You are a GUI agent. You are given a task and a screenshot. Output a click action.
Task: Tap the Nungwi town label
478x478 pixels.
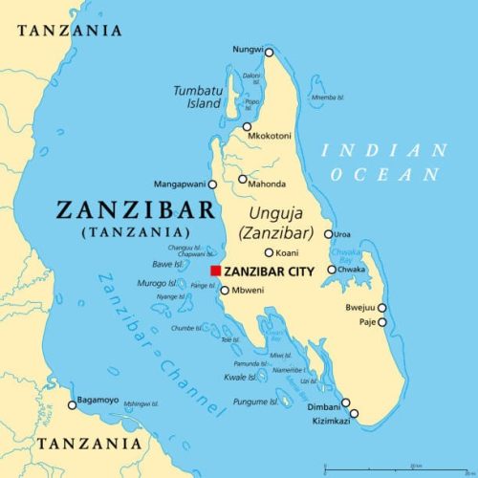(247, 49)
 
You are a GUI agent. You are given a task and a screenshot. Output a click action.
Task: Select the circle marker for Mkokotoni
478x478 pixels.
(247, 126)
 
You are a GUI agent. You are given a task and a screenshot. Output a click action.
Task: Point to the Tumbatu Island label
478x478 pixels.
(197, 97)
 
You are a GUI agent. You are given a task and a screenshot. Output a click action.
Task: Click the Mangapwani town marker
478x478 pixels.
(212, 184)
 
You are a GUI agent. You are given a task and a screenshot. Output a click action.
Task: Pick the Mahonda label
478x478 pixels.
(268, 184)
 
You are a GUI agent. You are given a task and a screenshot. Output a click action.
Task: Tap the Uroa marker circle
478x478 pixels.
(328, 234)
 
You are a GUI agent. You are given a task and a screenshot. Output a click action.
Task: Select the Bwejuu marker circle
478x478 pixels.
(381, 308)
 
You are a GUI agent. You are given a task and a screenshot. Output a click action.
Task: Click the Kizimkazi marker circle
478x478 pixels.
(354, 413)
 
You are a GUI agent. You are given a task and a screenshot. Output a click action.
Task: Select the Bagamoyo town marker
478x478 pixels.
(71, 405)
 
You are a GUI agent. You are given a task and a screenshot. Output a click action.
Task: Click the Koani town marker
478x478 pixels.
(270, 252)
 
